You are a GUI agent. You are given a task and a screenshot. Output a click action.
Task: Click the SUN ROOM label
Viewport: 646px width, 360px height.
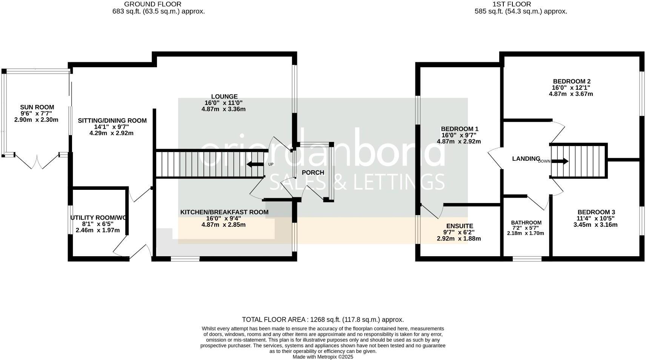37,107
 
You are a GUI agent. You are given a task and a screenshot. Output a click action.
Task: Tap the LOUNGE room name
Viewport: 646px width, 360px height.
224,97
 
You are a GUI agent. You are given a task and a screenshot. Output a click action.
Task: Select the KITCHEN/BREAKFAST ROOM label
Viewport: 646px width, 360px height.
224,212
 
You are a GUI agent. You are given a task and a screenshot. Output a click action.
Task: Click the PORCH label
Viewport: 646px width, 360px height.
313,172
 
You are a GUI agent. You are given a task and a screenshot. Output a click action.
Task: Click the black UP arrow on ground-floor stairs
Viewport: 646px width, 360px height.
255,165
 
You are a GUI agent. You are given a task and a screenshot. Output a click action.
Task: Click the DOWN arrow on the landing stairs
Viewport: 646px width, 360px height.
561,162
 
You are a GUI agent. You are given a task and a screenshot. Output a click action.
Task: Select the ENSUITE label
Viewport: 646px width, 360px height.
459,226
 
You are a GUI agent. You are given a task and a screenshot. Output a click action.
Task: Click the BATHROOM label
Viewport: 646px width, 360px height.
526,223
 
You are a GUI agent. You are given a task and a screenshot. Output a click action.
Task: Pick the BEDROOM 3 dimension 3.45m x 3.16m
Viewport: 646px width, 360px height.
595,225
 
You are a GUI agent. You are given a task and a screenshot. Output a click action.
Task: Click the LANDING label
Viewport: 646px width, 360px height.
526,158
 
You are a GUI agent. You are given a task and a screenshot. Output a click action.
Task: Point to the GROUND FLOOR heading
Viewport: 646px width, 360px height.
152,4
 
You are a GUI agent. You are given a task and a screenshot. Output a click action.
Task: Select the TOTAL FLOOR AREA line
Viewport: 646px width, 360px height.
323,320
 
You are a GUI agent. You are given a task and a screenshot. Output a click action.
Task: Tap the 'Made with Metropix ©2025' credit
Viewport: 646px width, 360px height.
323,357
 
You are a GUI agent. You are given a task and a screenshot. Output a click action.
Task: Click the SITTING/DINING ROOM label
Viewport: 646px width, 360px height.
112,121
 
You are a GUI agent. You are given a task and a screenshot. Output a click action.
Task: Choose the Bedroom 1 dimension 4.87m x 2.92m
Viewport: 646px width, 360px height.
458,142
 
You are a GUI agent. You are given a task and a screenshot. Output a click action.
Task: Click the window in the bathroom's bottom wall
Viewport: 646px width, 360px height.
527,259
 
